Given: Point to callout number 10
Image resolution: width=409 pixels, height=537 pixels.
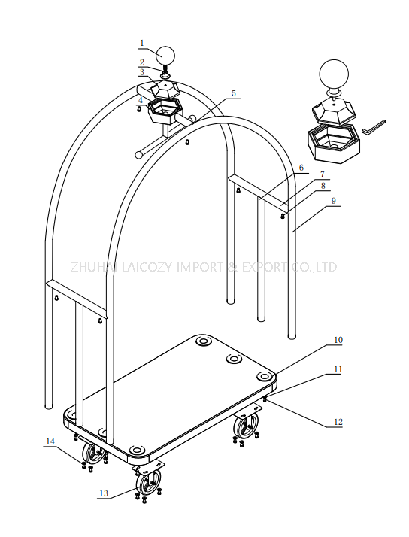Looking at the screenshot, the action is pyautogui.click(x=338, y=340).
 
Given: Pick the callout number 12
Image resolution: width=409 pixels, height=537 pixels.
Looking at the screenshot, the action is pyautogui.click(x=338, y=422).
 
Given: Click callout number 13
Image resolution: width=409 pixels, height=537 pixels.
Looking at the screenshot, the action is pyautogui.click(x=103, y=493).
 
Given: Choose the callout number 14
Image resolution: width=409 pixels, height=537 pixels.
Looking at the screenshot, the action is pyautogui.click(x=50, y=442).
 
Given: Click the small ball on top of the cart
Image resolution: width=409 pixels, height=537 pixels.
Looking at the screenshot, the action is pyautogui.click(x=165, y=56).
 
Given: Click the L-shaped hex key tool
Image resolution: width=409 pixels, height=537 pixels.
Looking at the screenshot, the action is pyautogui.click(x=373, y=126).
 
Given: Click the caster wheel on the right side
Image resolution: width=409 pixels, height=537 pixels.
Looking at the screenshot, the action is pyautogui.click(x=244, y=429).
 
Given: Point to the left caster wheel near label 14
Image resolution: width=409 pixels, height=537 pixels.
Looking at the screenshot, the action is pyautogui.click(x=94, y=454).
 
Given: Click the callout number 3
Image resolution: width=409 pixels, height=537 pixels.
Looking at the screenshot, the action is pyautogui.click(x=141, y=73).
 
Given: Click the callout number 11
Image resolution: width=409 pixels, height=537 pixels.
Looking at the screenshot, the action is pyautogui.click(x=338, y=371).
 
